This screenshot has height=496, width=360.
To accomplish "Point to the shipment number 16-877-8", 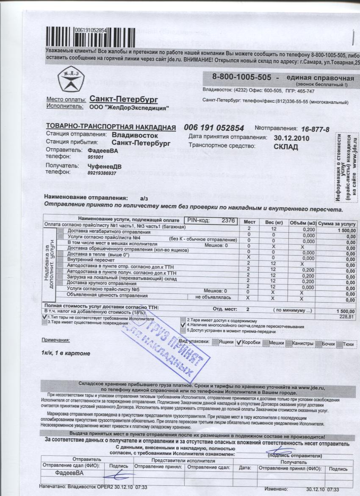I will [315, 128].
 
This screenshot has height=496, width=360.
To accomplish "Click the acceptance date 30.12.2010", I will [292, 138].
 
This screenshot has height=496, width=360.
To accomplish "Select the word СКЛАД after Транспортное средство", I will [286, 147].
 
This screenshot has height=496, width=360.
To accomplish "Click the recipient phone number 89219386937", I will [102, 173].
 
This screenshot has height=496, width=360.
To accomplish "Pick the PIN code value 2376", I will [228, 220].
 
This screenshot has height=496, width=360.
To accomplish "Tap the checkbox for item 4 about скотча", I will [183, 326].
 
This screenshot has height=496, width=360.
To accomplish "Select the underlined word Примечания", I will [55, 340].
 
